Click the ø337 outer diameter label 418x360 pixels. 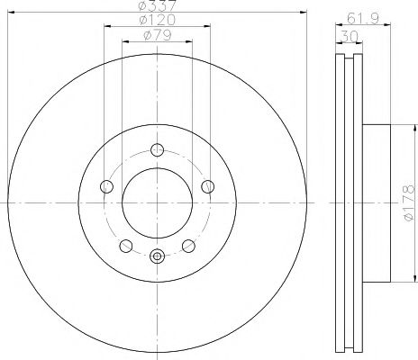click(x=157, y=8)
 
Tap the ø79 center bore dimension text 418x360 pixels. click(x=158, y=37)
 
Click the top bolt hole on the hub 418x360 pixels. click(x=158, y=150)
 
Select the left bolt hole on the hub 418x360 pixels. click(x=106, y=186)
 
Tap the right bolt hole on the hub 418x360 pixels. click(x=209, y=186)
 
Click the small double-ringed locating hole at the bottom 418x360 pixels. click(x=158, y=256)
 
